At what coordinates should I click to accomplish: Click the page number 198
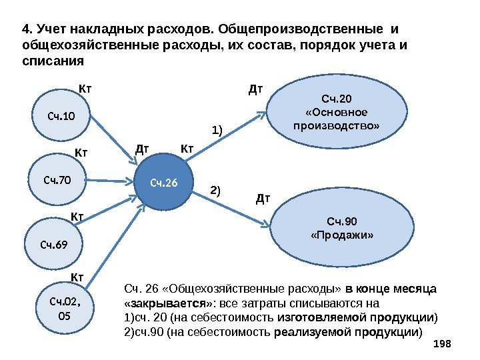442,343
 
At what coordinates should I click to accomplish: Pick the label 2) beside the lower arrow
215,189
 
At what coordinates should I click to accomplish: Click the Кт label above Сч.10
85,87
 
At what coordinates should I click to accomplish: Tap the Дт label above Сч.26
142,150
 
